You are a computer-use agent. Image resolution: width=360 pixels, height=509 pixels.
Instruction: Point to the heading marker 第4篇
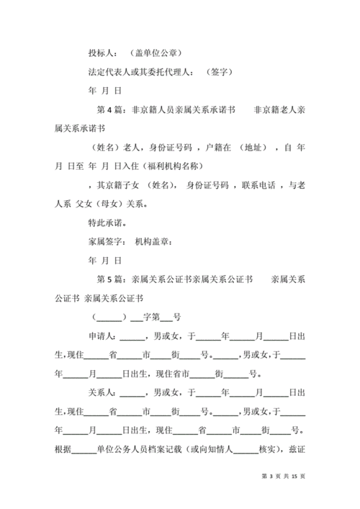[x=109, y=110]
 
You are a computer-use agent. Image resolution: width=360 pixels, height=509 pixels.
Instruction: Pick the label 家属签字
[x=107, y=241]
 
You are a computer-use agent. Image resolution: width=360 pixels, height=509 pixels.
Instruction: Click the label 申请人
[x=102, y=335]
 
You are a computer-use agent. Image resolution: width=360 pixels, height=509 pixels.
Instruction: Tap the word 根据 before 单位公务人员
[x=63, y=448]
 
